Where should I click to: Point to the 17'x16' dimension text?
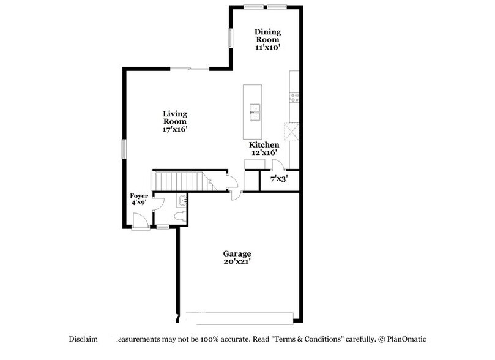[x=175, y=129]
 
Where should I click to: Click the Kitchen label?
[x=264, y=144]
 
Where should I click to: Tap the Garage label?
[x=237, y=253]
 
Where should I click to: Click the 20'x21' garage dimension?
[x=237, y=262]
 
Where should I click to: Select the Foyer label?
[x=139, y=196]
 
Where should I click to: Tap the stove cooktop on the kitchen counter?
[x=294, y=96]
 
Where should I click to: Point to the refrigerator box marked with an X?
[x=291, y=132]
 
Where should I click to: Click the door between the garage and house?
[x=235, y=193]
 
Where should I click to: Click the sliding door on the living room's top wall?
[x=190, y=69]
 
